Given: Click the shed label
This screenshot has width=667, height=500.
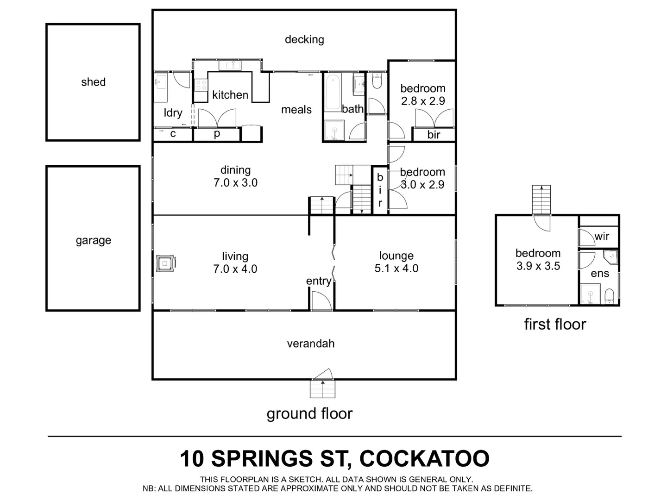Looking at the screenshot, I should pos(93,82).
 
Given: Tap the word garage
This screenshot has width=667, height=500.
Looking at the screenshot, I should pos(93,240).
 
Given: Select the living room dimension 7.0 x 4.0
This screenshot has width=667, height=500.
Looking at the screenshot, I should pos(235,269).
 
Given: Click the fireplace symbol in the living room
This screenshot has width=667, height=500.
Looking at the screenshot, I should pos(165,263).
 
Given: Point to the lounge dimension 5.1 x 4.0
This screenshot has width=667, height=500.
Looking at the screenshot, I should pos(396,269).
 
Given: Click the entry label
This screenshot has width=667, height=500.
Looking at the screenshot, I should pos(318,281).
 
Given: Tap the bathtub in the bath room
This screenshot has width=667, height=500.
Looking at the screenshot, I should pos(332,92).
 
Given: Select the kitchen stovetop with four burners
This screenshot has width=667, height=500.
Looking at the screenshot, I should pos(201,85).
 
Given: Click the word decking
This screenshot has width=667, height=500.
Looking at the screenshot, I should pos(304,39).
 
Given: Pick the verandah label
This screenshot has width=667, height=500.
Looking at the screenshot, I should pos(310,344).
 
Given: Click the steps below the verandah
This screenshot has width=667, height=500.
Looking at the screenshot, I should pos(322,388).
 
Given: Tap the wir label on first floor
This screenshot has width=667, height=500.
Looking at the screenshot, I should pos(601,236).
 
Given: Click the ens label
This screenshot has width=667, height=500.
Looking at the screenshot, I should pos(599,274).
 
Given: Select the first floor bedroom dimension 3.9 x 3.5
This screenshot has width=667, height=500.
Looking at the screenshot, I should pos(538,266).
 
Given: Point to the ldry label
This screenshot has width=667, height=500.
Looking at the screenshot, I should pos(173,112).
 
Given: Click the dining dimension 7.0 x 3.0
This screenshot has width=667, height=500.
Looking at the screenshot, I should pos(235,183).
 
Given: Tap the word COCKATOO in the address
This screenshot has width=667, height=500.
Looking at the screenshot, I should pos(424,458).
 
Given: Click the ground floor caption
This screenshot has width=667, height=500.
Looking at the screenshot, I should pos(309,413).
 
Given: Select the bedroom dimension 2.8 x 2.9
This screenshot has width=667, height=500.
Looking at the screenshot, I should pos(422,101).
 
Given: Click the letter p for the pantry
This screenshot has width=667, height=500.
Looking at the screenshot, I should pos(216,134).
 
